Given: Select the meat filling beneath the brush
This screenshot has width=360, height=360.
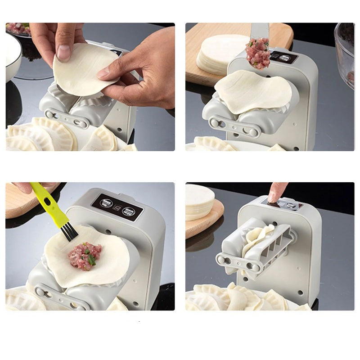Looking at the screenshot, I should click(85, 255).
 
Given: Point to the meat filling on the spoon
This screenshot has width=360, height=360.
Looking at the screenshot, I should click(258, 54).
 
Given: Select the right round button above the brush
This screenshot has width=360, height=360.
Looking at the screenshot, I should click(132, 209).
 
